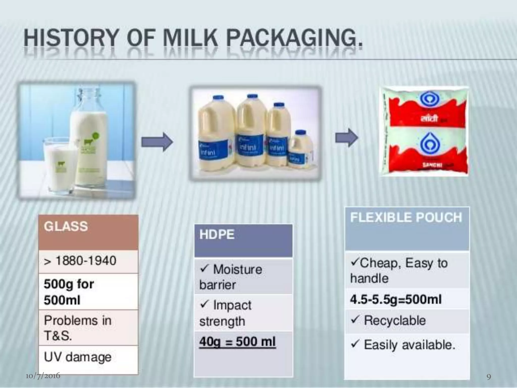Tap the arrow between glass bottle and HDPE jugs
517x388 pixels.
(157, 142)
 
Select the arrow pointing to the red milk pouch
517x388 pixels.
(346, 137)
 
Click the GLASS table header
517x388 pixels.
(88, 232)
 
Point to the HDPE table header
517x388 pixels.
(243, 240)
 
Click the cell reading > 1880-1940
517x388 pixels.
(88, 261)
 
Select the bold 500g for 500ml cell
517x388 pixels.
(88, 292)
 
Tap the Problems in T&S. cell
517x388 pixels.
(88, 328)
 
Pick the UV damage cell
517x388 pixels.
(88, 357)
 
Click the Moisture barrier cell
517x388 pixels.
(243, 277)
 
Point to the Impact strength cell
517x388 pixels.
(243, 313)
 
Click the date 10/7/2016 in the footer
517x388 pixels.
(43, 376)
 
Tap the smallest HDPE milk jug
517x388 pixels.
(300, 150)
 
